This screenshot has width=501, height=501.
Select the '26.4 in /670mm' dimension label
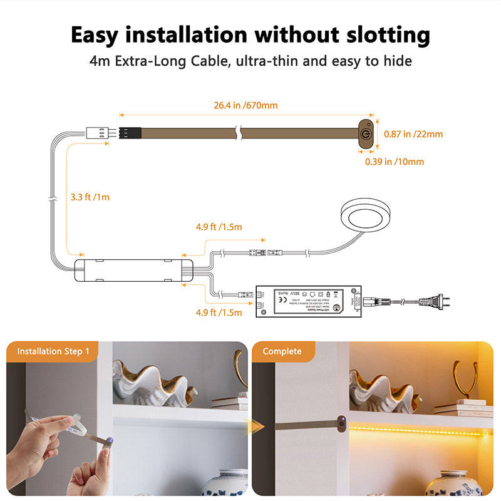tap(245, 105)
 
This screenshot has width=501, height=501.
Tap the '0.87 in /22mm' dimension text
tap(413, 133)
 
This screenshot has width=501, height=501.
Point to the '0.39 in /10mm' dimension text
tap(395, 162)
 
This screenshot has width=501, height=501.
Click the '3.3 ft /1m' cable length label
tap(90, 197)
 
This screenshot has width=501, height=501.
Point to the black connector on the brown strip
tap(130, 133)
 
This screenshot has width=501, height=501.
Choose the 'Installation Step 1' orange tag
tap(53, 351)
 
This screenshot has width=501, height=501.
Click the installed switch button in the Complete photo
tap(341, 424)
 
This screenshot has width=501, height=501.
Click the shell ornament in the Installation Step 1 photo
tap(152, 382)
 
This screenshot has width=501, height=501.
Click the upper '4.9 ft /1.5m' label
tap(219, 227)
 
